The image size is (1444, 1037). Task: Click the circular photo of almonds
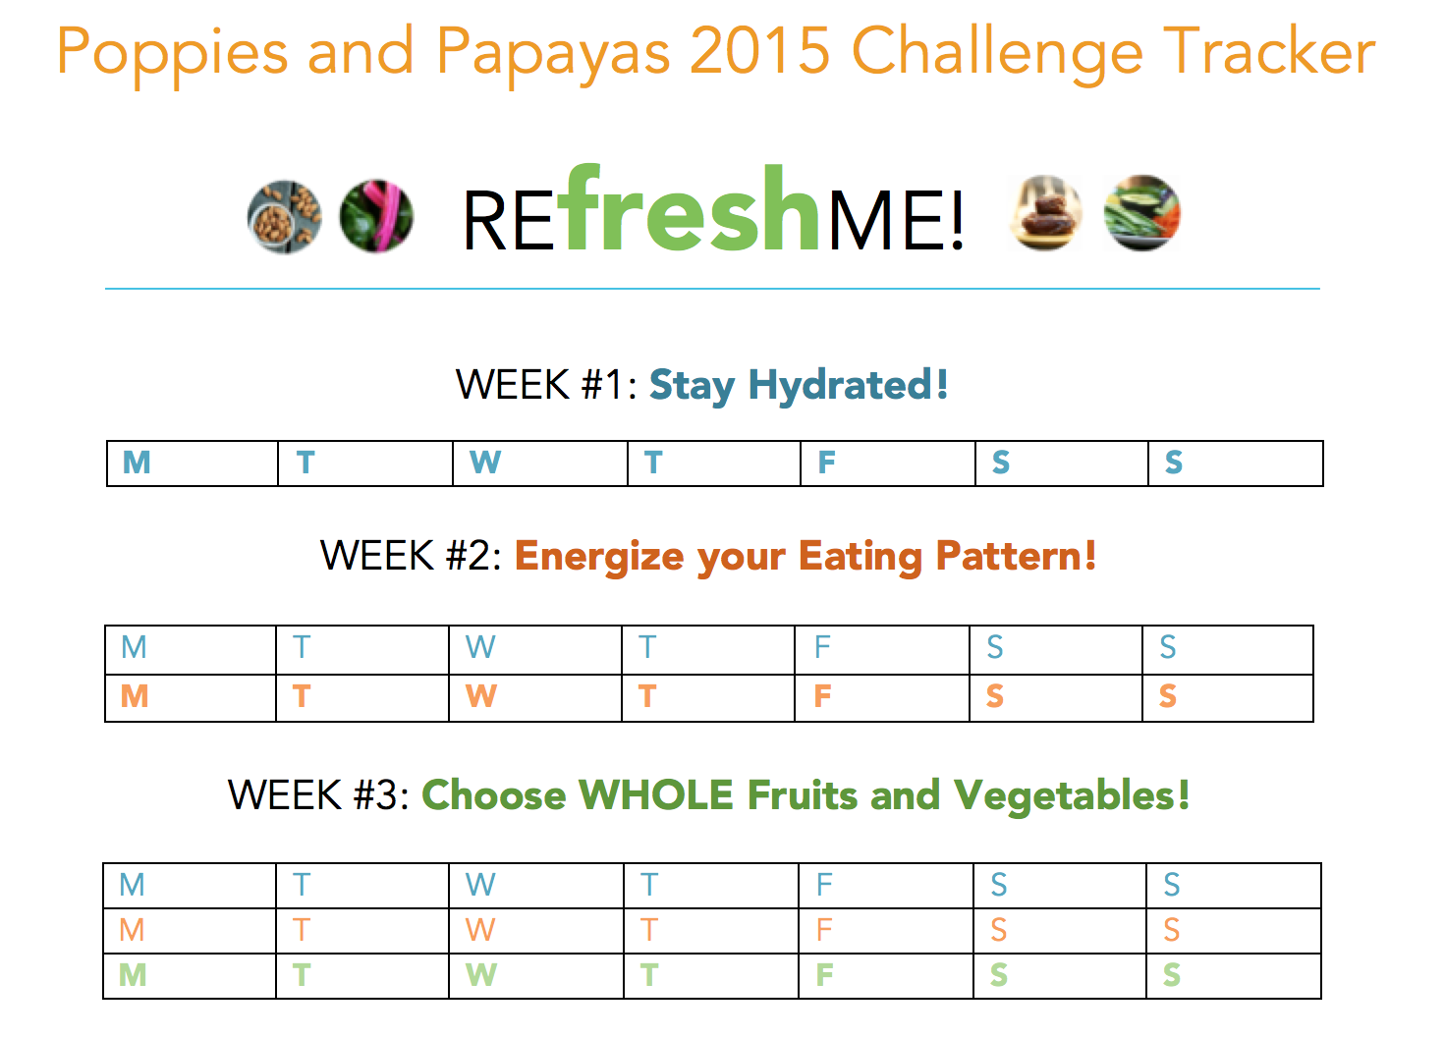tap(284, 217)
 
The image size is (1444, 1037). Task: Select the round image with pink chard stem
tap(376, 216)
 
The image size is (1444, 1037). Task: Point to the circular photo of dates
tap(1045, 212)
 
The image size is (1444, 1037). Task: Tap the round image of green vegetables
tap(1142, 212)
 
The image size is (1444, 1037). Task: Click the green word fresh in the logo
tap(689, 207)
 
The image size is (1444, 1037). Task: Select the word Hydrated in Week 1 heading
tap(849, 385)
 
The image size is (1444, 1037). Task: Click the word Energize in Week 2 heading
tap(599, 557)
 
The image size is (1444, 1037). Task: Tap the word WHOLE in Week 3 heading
tap(655, 794)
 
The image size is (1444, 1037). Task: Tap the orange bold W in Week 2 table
tap(481, 696)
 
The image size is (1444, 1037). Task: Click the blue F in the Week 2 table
tap(822, 646)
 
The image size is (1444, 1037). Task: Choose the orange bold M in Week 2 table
tap(135, 696)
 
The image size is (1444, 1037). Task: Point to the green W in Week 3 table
tap(481, 974)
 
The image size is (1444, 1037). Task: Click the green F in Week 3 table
tap(824, 974)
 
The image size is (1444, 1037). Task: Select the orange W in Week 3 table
tap(481, 929)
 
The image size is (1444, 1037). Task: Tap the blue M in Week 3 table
tap(133, 884)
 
